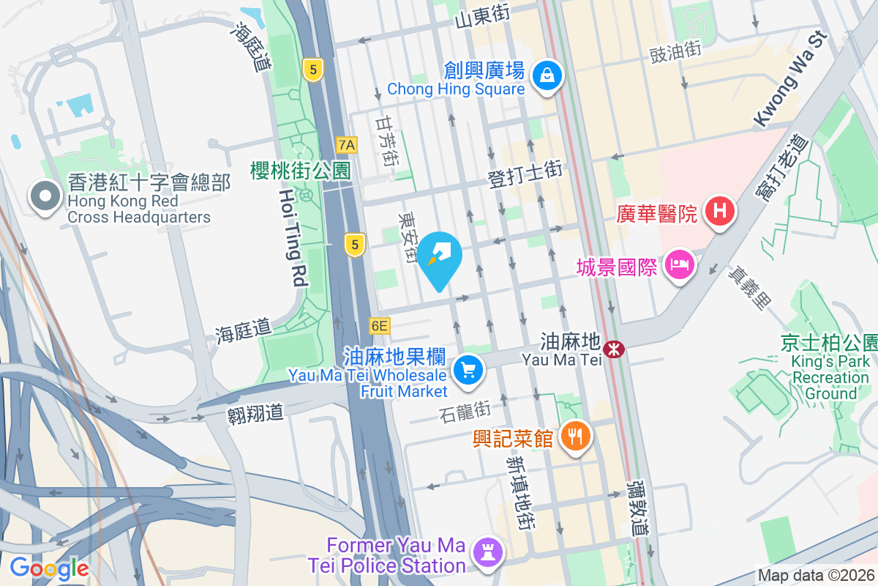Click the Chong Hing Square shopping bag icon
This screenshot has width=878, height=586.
(x=547, y=74)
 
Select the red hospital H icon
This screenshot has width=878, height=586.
(x=720, y=212)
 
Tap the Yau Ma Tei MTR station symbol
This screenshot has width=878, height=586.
(x=615, y=349)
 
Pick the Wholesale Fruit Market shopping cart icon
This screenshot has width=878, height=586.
(x=468, y=370)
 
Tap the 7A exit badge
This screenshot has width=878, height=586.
(x=347, y=144)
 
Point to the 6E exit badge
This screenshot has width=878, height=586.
(x=380, y=325)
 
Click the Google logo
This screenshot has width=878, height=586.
(x=49, y=568)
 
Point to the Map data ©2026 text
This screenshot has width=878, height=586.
(x=815, y=576)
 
